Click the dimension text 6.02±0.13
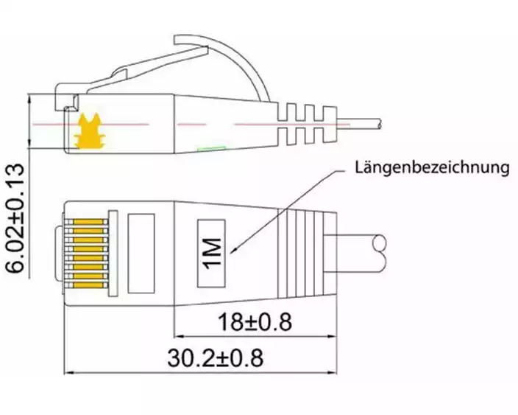pyautogui.click(x=15, y=217)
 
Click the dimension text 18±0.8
pyautogui.click(x=255, y=322)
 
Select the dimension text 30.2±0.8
pyautogui.click(x=216, y=358)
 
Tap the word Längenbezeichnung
pyautogui.click(x=432, y=167)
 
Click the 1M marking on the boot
pyautogui.click(x=212, y=253)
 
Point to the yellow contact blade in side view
pyautogui.click(x=90, y=131)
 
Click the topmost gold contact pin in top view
pyautogui.click(x=88, y=222)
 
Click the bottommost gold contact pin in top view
pyautogui.click(x=88, y=285)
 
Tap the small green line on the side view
pyautogui.click(x=212, y=149)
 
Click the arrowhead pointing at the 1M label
pyautogui.click(x=233, y=251)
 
